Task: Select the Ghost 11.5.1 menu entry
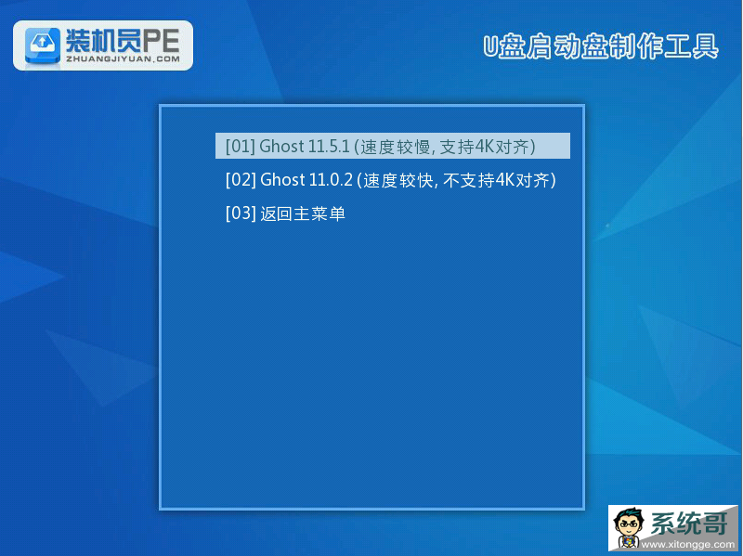pos(392,146)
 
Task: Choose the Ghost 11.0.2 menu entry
pos(390,180)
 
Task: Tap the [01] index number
pos(241,147)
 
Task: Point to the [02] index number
pos(241,180)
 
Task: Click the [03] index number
pos(241,213)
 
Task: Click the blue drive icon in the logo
pos(43,45)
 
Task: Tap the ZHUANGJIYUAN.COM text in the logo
pos(123,59)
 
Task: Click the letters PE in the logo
pos(161,41)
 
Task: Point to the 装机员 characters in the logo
pos(103,41)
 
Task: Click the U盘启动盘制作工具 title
pos(600,46)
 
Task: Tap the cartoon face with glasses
pos(630,528)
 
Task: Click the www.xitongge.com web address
pos(687,545)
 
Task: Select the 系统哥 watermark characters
pos(688,524)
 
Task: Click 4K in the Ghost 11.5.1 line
pos(484,147)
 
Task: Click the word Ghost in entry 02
pos(282,180)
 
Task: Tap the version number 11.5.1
pos(330,147)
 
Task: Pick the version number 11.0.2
pos(331,180)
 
